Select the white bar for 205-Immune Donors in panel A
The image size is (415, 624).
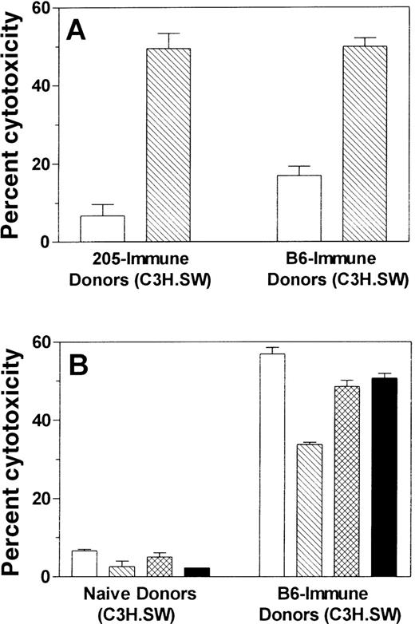click(102, 229)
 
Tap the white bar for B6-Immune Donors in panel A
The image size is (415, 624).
click(298, 208)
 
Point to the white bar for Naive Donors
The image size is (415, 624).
click(85, 563)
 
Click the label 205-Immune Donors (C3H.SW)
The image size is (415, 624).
click(134, 271)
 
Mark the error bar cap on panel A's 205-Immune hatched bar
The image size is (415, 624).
click(168, 34)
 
